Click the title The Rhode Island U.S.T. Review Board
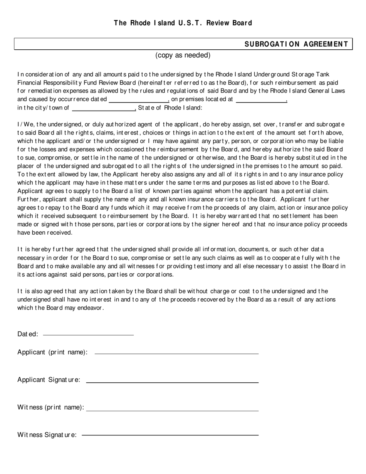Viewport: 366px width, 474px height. click(x=183, y=23)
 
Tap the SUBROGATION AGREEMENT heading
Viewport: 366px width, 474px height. click(x=296, y=44)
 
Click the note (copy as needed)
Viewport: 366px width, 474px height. click(x=183, y=55)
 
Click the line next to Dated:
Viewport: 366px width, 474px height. click(x=88, y=334)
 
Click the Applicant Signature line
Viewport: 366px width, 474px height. click(x=172, y=382)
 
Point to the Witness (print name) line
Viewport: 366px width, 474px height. click(x=172, y=410)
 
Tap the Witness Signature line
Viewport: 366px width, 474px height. click(x=170, y=435)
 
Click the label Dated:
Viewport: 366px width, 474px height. click(x=28, y=334)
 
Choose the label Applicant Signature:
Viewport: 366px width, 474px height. click(x=49, y=380)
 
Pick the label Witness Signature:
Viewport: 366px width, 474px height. click(x=47, y=435)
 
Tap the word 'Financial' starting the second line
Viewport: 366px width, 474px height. click(x=30, y=82)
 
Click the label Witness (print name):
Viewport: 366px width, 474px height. click(x=50, y=407)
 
